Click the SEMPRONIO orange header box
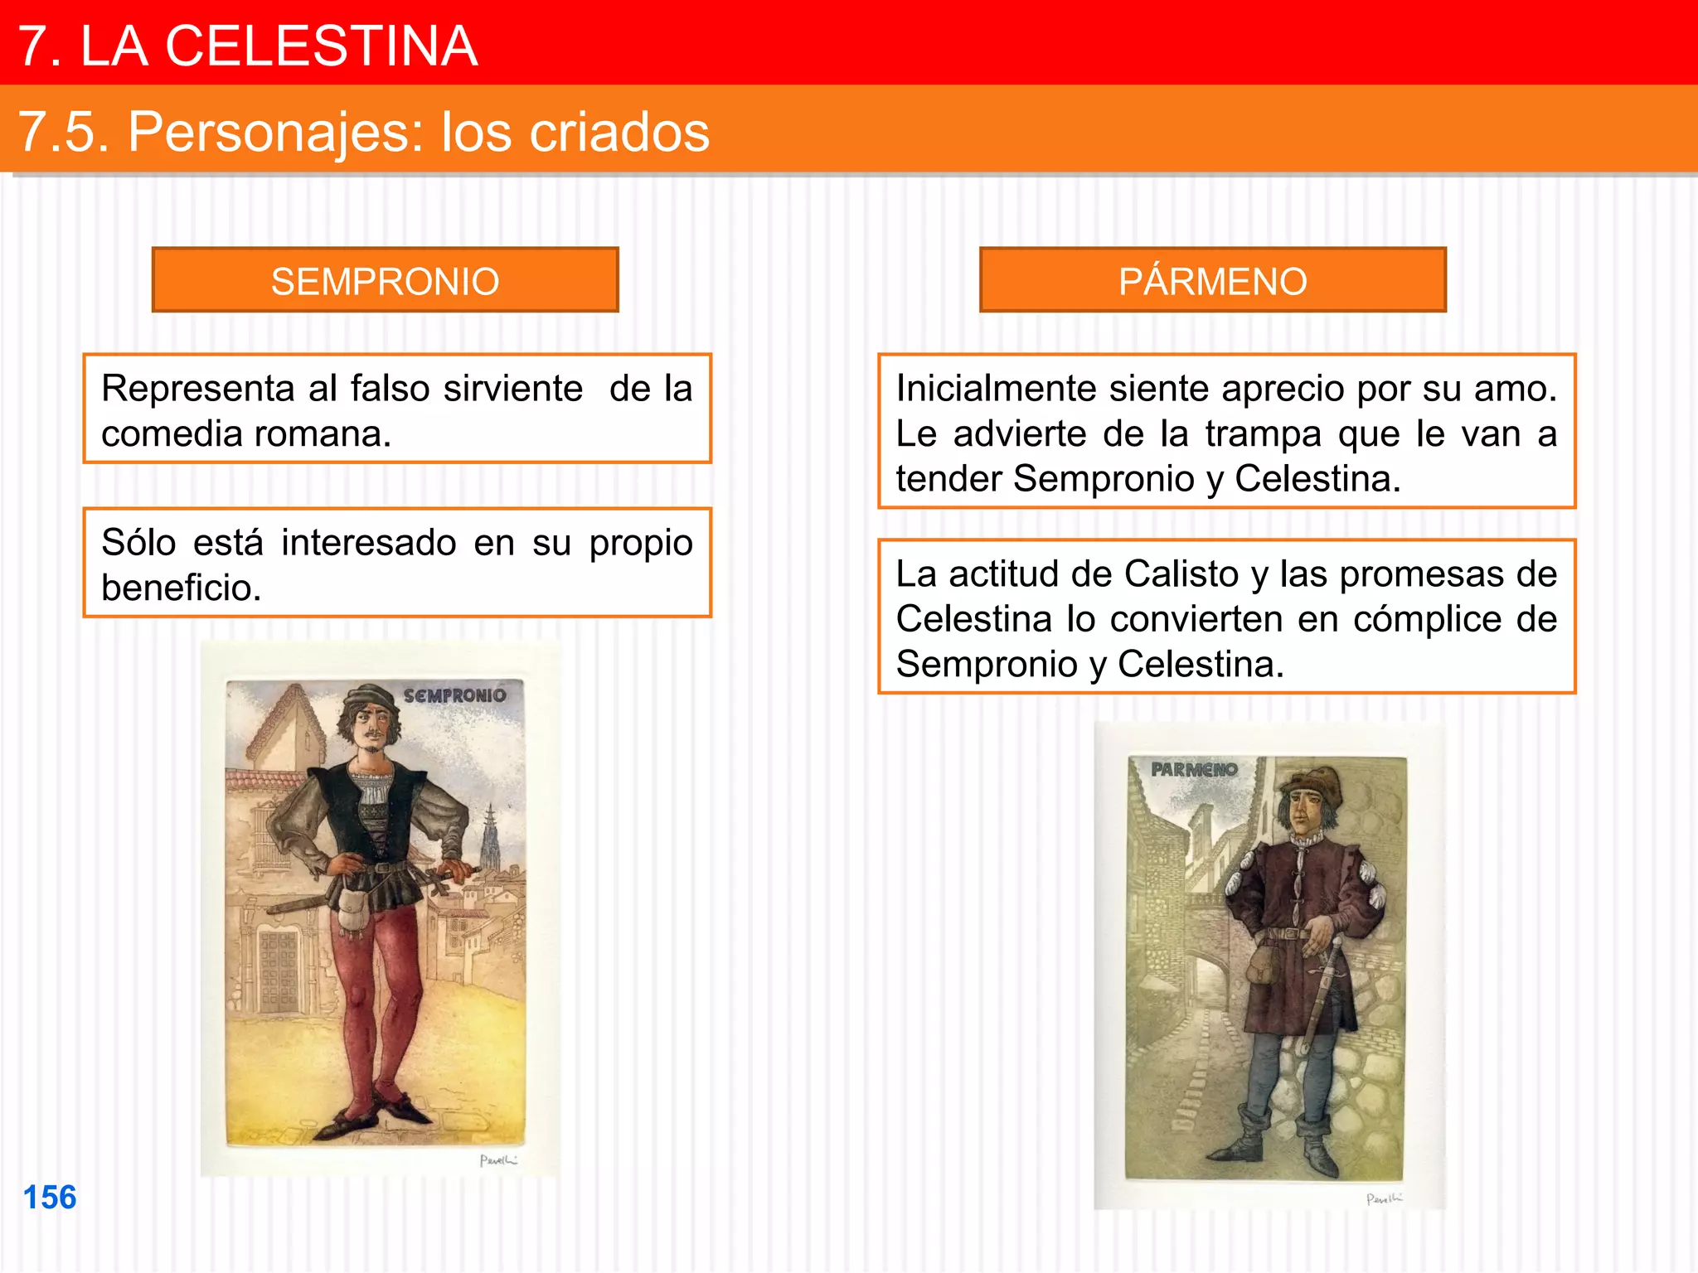pyautogui.click(x=385, y=280)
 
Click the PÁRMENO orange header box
pyautogui.click(x=1212, y=280)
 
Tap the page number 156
pyautogui.click(x=50, y=1197)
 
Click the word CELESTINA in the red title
pyautogui.click(x=321, y=46)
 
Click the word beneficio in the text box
pyautogui.click(x=181, y=588)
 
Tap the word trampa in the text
pyautogui.click(x=1263, y=433)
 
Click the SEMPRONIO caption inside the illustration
pyautogui.click(x=454, y=695)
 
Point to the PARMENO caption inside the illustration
pyautogui.click(x=1194, y=769)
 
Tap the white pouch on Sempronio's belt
pyautogui.click(x=355, y=908)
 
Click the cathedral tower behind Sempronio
pyautogui.click(x=491, y=837)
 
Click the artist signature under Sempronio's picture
pyautogui.click(x=498, y=1160)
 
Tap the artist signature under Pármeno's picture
pyautogui.click(x=1384, y=1198)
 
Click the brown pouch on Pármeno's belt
pyautogui.click(x=1261, y=964)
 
